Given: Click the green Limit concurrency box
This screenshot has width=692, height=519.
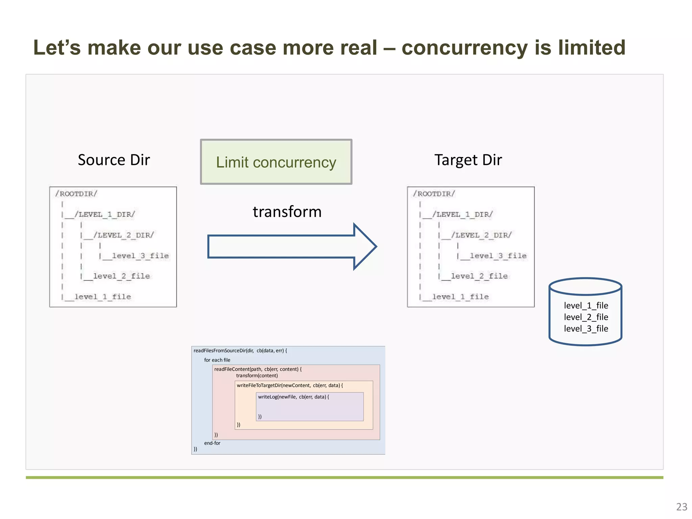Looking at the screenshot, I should [x=276, y=162].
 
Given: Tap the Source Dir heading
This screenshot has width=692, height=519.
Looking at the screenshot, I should [x=114, y=160].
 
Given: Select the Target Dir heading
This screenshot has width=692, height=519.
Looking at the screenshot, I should [x=468, y=160].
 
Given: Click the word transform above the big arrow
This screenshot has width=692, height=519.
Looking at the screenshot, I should [x=287, y=212].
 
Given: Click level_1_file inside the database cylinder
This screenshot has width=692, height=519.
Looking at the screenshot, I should [x=586, y=305].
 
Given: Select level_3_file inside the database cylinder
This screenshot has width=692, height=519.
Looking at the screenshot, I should [x=586, y=328].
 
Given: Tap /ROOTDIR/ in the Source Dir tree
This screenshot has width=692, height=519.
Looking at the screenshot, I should [x=76, y=194].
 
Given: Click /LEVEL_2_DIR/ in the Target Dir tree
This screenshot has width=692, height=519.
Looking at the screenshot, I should [x=481, y=235].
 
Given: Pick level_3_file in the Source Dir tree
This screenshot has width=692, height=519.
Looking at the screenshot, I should [x=140, y=256].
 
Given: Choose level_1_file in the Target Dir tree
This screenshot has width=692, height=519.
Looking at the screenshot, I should [x=460, y=297].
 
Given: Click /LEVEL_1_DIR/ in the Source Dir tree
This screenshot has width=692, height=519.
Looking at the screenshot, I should [x=105, y=215].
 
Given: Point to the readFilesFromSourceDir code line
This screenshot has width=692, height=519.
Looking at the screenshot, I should [x=240, y=351].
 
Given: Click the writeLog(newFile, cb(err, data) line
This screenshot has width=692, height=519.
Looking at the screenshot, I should [x=293, y=397].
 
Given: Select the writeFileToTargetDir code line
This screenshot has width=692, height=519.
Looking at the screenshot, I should [x=290, y=385].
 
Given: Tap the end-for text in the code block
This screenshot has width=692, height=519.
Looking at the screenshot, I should [x=212, y=443].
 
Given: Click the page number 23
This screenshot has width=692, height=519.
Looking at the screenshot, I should [x=682, y=507].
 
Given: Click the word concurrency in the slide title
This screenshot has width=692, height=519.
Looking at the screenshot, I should [x=465, y=47].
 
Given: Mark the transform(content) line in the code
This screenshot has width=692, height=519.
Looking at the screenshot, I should [x=257, y=376].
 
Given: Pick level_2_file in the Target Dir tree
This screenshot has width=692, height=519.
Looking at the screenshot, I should [x=479, y=276].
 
